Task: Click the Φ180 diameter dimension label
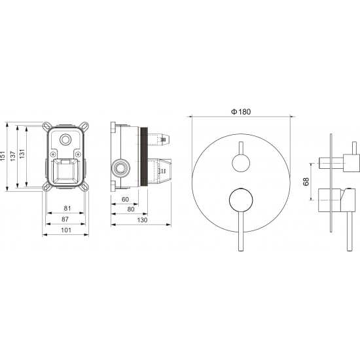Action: (x=241, y=112)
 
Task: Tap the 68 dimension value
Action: (x=306, y=181)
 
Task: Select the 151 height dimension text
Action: (x=3, y=156)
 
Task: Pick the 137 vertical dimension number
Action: (x=13, y=156)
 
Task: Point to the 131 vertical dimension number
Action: (x=22, y=153)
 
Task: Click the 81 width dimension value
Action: (x=67, y=208)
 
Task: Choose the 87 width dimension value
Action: (x=65, y=219)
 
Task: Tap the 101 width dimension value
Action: (x=66, y=230)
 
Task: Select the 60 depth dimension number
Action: (x=125, y=200)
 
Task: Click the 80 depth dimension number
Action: (x=131, y=209)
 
